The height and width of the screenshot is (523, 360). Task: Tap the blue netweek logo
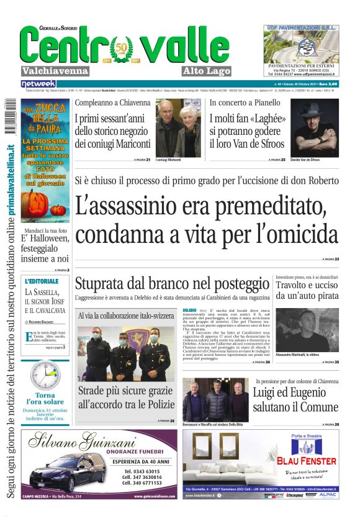point(38,83)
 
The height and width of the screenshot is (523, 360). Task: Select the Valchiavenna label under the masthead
point(55,71)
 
